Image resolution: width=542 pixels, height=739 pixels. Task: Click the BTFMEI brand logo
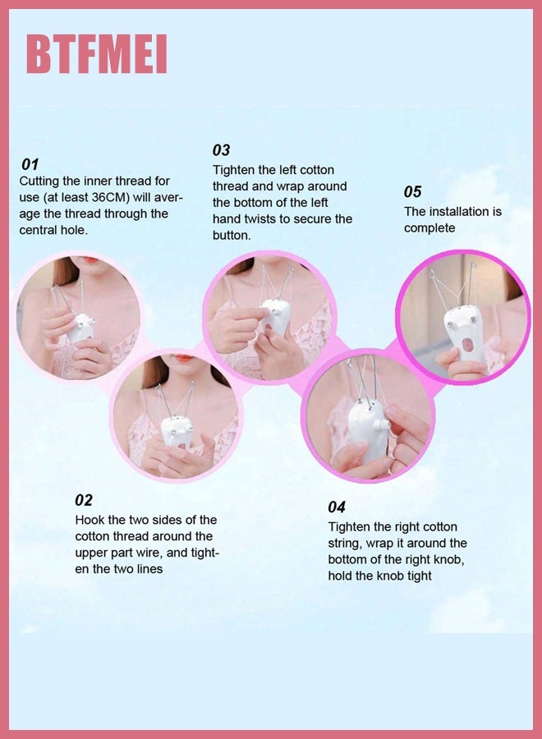click(x=96, y=55)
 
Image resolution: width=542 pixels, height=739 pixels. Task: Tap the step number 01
click(x=30, y=164)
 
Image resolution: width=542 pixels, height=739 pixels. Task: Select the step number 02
click(x=84, y=500)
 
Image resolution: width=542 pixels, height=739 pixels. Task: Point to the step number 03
click(x=221, y=150)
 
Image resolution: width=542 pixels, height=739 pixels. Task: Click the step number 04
click(x=337, y=507)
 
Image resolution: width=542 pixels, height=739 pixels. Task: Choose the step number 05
click(x=412, y=191)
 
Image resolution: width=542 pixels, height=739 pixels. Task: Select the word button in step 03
click(x=232, y=236)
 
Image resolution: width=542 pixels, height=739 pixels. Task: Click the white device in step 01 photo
click(x=81, y=326)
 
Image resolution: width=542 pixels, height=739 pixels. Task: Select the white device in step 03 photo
click(x=275, y=316)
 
